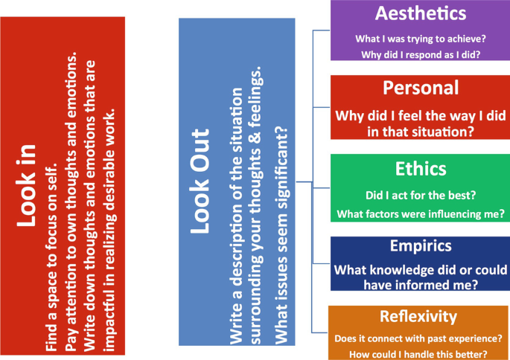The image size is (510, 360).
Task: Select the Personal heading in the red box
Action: coord(420,87)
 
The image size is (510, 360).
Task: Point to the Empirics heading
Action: coord(421,245)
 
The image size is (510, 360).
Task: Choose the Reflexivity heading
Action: coord(421,316)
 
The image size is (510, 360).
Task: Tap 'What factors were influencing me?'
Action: coord(421,215)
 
